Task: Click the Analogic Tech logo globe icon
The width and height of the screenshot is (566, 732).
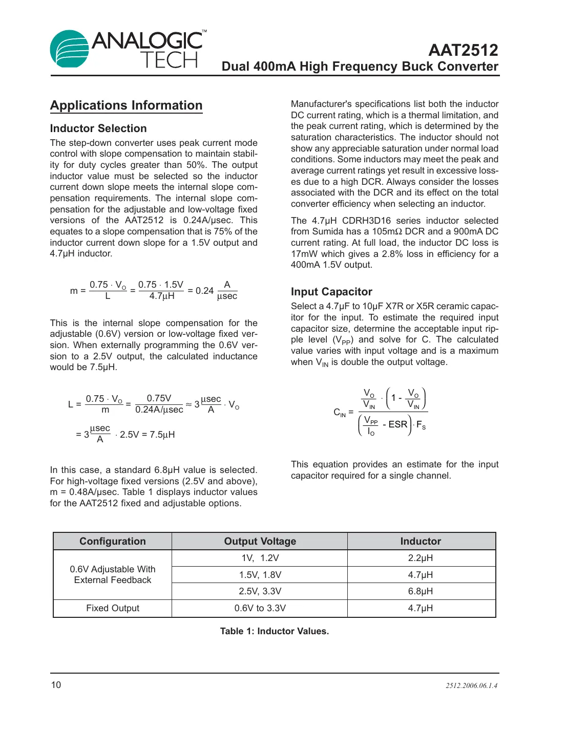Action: tap(69, 49)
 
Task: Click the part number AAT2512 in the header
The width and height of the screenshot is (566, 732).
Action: tap(463, 50)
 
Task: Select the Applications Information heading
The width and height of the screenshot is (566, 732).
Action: tap(126, 105)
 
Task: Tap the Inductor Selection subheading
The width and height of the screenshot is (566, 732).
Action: tap(98, 128)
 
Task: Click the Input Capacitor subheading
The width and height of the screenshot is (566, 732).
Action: tap(331, 292)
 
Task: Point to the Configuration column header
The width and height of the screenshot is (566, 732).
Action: tap(113, 541)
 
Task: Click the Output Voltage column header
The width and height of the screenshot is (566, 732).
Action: tap(260, 541)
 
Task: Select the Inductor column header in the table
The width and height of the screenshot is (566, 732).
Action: tap(421, 541)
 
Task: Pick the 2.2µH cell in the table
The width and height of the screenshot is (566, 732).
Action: tap(421, 558)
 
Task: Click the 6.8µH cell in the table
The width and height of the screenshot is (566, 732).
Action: tap(421, 591)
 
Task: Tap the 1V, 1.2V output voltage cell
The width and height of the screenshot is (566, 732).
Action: tap(260, 558)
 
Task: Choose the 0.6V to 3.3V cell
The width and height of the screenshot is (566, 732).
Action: tap(260, 608)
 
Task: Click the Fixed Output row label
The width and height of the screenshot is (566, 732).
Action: tap(113, 608)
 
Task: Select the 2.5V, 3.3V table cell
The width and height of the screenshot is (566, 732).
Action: tap(260, 591)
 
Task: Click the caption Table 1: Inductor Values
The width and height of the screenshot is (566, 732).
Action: tap(275, 631)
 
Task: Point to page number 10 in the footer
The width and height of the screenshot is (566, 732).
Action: tap(56, 685)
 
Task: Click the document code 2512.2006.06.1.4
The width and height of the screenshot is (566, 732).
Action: tap(471, 685)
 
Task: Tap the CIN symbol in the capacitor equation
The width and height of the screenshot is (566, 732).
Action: tap(340, 413)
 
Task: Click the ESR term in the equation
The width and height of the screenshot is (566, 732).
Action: tap(397, 424)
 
